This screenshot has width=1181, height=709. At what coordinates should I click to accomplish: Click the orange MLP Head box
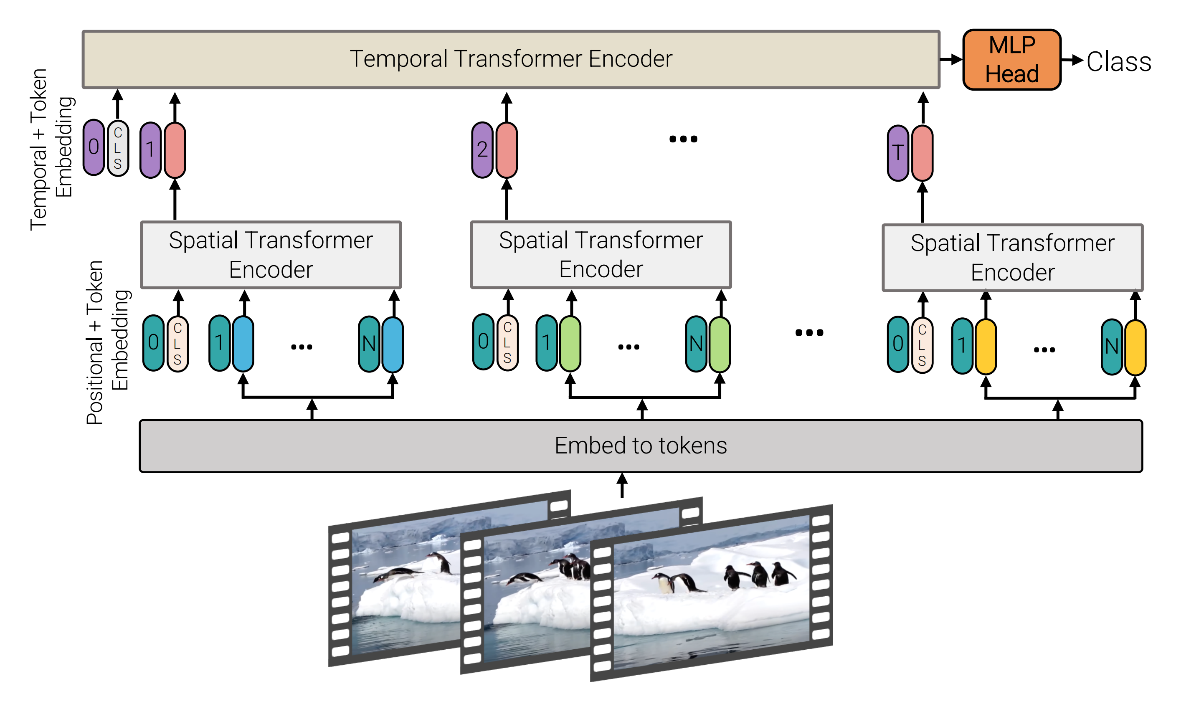click(x=1011, y=60)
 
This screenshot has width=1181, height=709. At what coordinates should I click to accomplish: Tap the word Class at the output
click(x=1118, y=62)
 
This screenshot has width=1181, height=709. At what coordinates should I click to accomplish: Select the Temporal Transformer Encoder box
click(x=511, y=59)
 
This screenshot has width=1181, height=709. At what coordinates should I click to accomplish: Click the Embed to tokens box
click(x=640, y=446)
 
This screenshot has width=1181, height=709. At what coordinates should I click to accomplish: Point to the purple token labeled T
click(x=898, y=153)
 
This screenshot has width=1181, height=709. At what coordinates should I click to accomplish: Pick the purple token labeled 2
click(x=482, y=150)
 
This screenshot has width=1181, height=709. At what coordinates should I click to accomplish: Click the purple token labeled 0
click(x=94, y=147)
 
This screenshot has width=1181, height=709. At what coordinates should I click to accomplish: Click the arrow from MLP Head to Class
click(x=1072, y=60)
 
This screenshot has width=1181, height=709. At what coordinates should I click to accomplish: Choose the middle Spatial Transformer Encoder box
click(x=601, y=255)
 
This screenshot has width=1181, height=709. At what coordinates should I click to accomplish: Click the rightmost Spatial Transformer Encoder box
click(x=1012, y=258)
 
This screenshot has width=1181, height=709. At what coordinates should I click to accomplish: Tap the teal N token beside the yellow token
click(x=1111, y=347)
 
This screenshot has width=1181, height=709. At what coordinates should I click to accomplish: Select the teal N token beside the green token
click(x=696, y=344)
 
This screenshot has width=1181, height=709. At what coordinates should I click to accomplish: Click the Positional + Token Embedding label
click(x=107, y=342)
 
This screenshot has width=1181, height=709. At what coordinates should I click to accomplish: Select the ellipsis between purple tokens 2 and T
click(x=683, y=139)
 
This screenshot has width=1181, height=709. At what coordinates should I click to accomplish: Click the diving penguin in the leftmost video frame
click(x=397, y=574)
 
